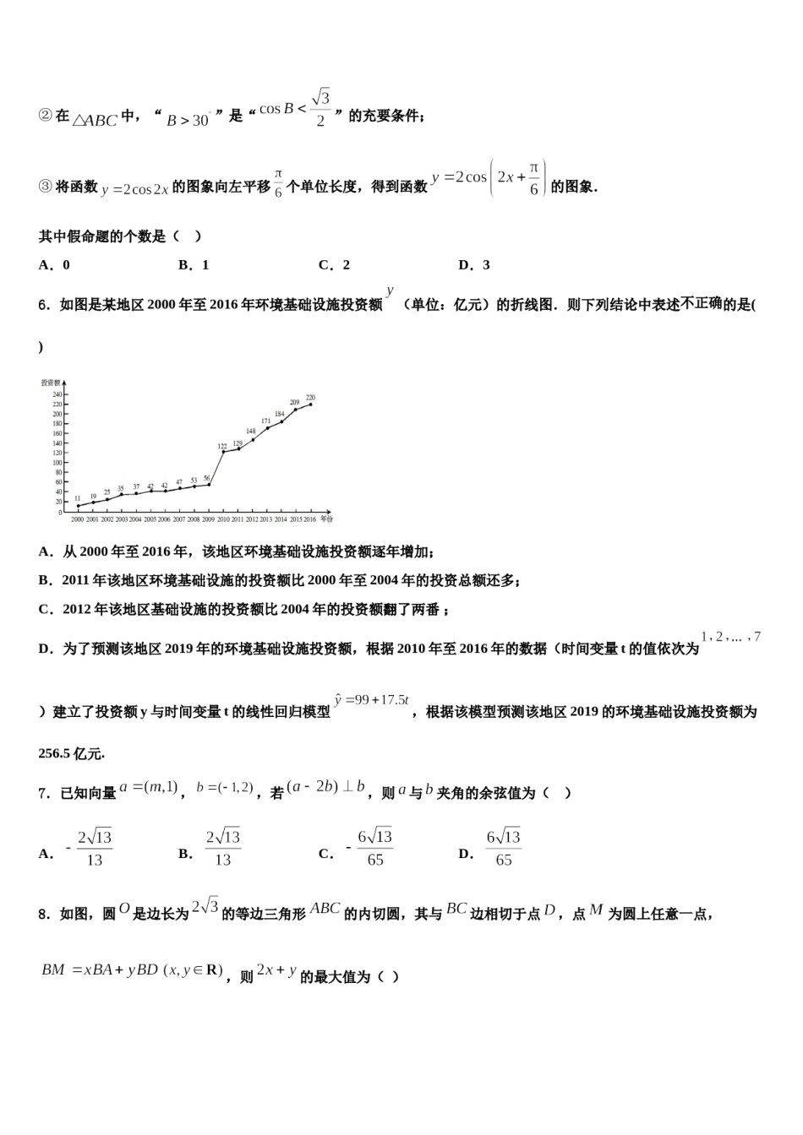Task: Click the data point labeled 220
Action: coord(310,405)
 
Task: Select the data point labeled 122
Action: coord(223,452)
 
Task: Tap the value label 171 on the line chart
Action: coord(265,421)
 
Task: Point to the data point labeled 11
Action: coord(78,507)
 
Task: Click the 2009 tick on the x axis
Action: coord(208,519)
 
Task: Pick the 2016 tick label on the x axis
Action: coord(310,519)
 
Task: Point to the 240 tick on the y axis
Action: coord(57,394)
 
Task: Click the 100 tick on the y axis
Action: coord(57,463)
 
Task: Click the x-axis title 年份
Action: coord(326,519)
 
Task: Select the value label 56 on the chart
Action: coord(207,478)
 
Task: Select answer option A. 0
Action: coord(54,265)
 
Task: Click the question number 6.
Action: coord(44,305)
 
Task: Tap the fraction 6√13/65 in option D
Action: coord(503,848)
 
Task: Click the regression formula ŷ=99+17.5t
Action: coord(371,700)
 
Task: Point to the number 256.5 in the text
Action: coord(56,753)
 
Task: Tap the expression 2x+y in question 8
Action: coord(276,970)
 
